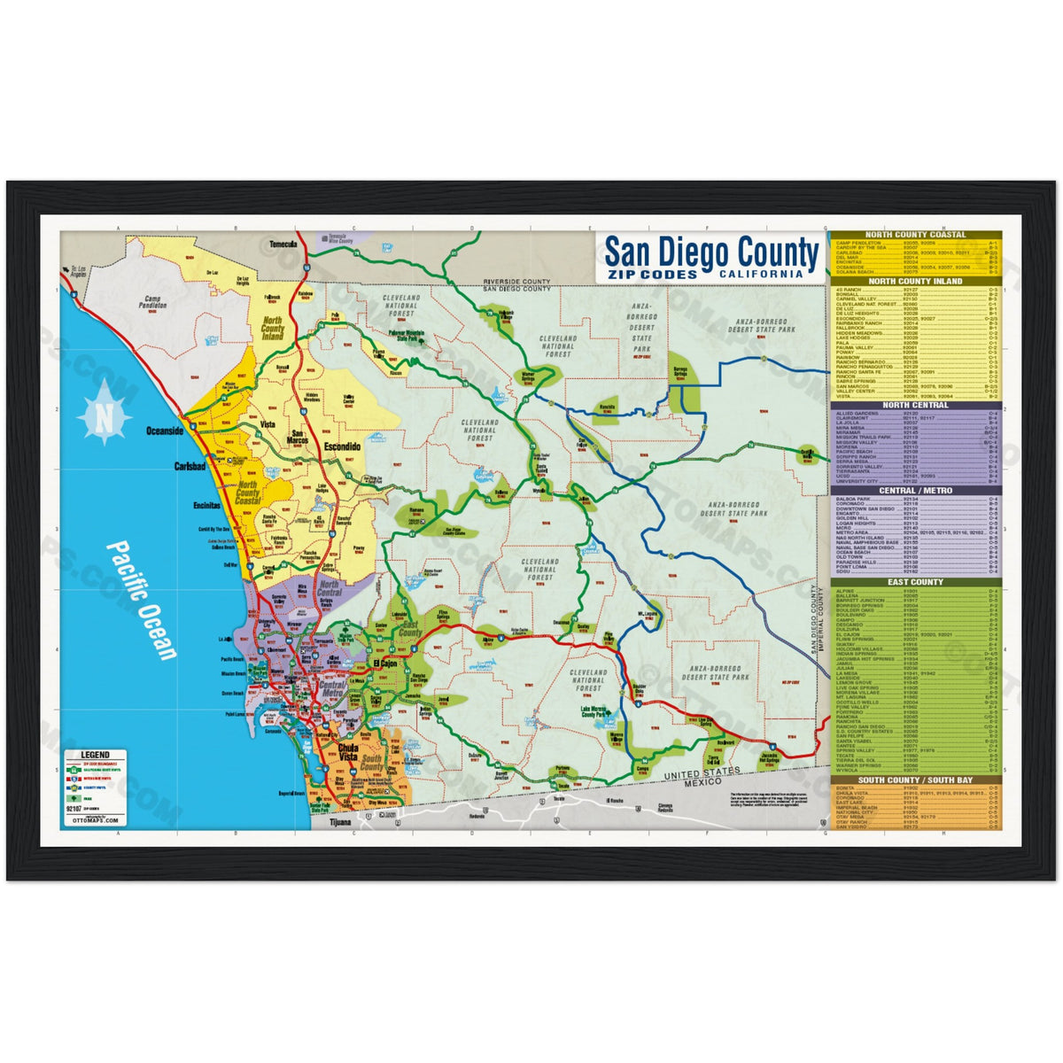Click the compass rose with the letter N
(105, 413)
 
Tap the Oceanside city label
(165, 431)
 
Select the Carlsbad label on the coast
(190, 465)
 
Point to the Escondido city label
(342, 447)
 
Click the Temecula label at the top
(284, 244)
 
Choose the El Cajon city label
(387, 663)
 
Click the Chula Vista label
(348, 753)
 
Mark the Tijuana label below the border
(339, 822)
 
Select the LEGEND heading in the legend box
(95, 754)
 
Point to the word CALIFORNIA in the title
(761, 274)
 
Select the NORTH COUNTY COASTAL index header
(916, 236)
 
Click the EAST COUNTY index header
(916, 582)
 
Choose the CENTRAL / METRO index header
(916, 490)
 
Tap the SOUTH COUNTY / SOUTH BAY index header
(916, 780)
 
